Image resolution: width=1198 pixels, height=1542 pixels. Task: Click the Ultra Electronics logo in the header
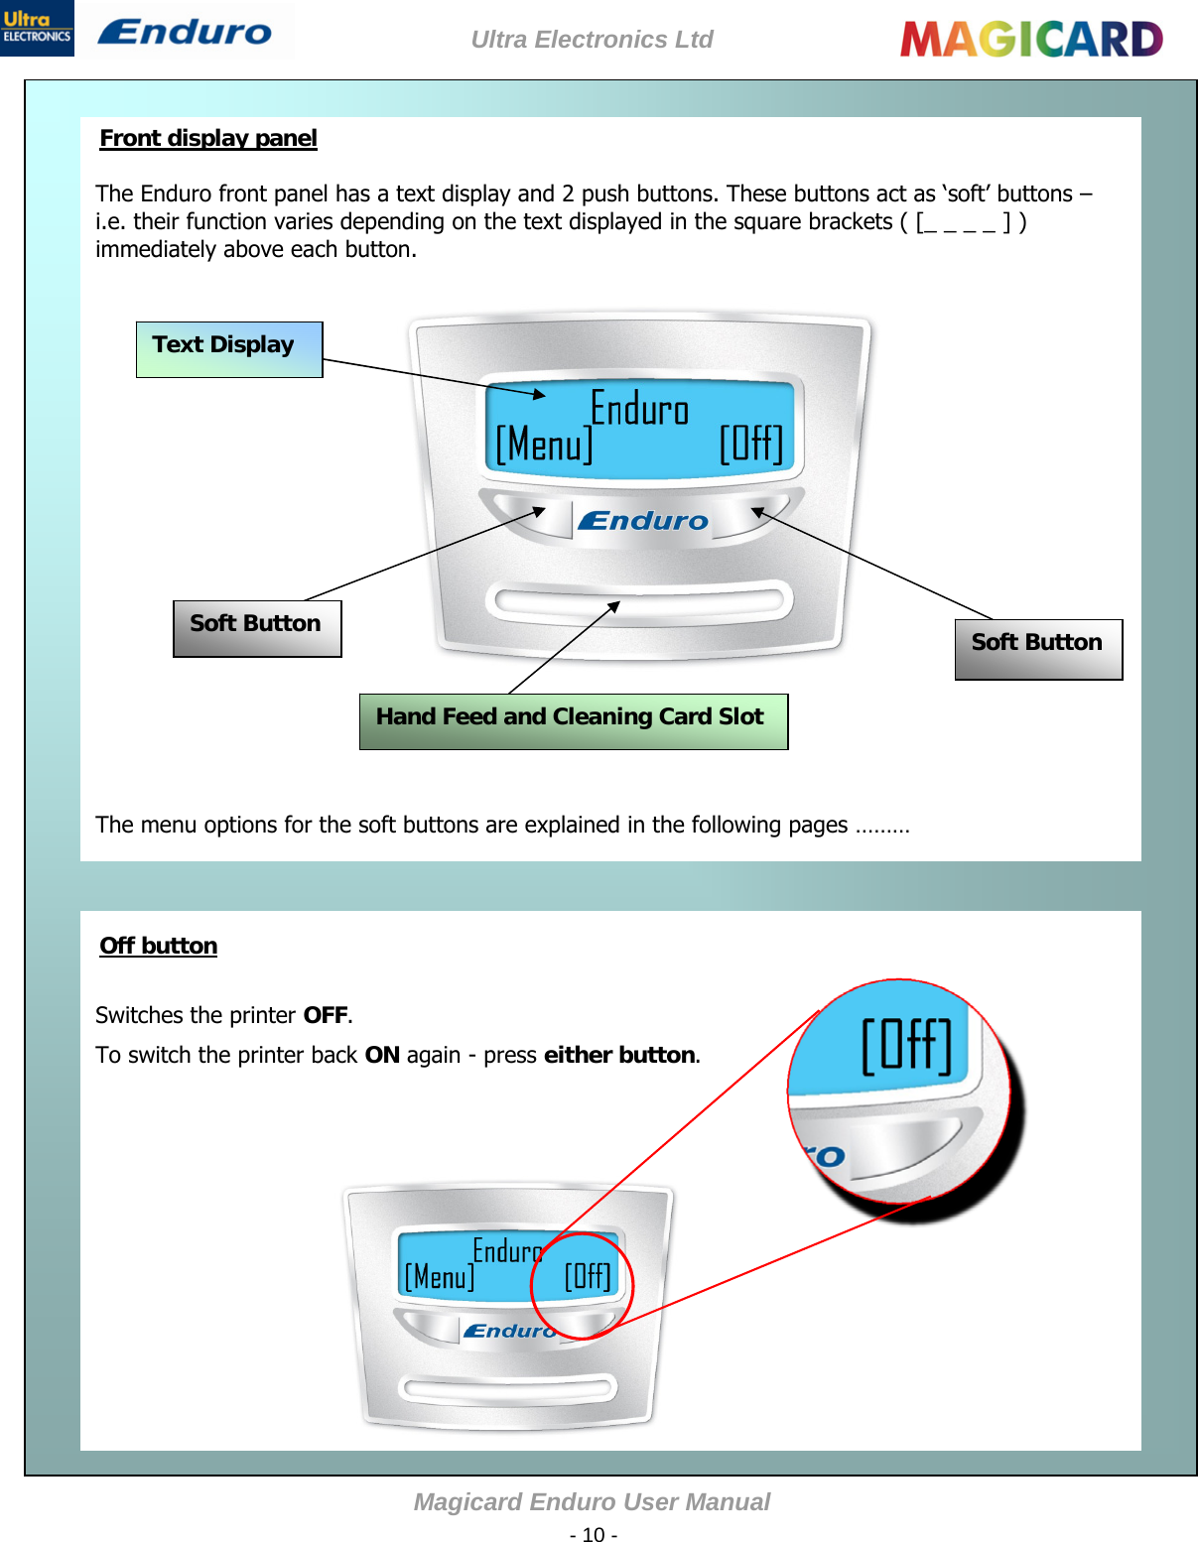coord(37,28)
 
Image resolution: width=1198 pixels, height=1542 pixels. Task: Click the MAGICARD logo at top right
coord(1030,40)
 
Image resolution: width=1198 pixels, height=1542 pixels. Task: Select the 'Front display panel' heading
coord(208,138)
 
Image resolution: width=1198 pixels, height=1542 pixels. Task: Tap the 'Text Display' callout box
coord(228,349)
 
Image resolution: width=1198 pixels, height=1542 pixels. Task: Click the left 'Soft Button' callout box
coord(256,627)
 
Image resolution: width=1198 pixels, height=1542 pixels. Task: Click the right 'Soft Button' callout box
coord(1037,648)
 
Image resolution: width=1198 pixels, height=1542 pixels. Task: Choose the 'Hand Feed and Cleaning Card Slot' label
coord(572,720)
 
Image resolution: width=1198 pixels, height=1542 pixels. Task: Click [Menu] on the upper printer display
coord(544,445)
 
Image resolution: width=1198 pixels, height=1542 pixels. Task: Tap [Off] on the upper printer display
coord(751,444)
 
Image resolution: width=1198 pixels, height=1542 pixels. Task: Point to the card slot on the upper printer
coord(638,601)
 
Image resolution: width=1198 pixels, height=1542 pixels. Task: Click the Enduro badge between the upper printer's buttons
coord(643,521)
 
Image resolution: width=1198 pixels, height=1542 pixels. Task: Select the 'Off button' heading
coord(159,946)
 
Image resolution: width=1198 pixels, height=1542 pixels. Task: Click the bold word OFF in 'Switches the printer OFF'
coord(326,1015)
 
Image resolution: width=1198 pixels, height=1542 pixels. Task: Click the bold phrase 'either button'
coord(619,1055)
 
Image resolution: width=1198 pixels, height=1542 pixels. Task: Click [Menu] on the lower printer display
coord(439,1276)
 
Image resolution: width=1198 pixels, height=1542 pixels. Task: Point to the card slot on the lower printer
coord(507,1386)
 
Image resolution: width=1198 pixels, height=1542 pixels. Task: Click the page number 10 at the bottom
coord(594,1534)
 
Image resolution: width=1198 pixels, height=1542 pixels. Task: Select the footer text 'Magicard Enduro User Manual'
coord(592,1502)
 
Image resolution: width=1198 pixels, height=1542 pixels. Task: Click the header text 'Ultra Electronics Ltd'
coord(592,40)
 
